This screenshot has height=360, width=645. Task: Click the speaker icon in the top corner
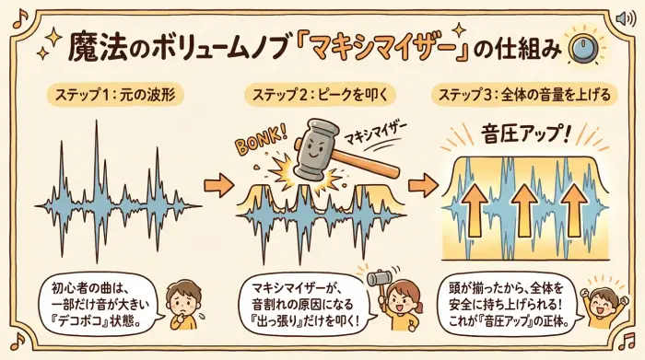[623, 17]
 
